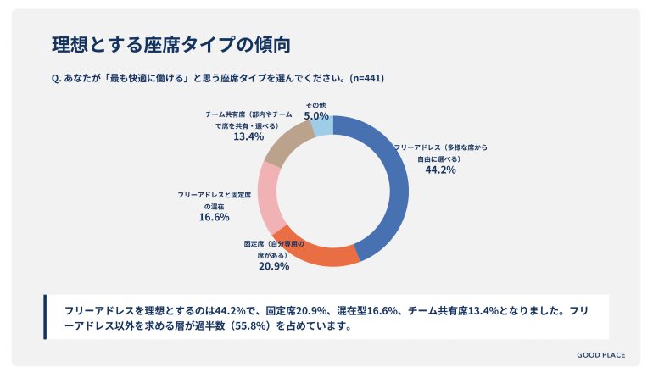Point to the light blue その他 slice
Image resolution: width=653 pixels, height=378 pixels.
tap(322, 126)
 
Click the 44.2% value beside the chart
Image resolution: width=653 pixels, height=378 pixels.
tap(441, 170)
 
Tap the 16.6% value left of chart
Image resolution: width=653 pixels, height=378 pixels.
tap(214, 217)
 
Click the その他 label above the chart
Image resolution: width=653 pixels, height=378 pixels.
tap(316, 104)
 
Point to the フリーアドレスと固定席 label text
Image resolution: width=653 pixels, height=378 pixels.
tap(214, 195)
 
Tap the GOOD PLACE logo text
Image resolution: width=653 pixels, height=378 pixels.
tap(600, 355)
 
